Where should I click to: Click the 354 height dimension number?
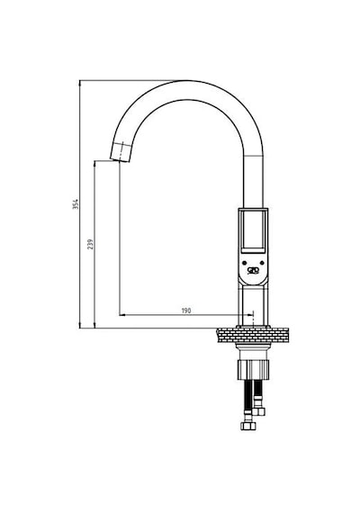pos(76,203)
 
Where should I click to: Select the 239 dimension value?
pos(90,244)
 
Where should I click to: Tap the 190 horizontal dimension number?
pos(186,310)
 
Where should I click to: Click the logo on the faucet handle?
pos(253,270)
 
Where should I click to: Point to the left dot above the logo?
pos(244,263)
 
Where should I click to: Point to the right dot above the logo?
pos(262,263)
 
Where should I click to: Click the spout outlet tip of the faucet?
pos(120,160)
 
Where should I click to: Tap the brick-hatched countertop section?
pos(253,336)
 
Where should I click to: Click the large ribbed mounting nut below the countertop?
pos(253,370)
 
